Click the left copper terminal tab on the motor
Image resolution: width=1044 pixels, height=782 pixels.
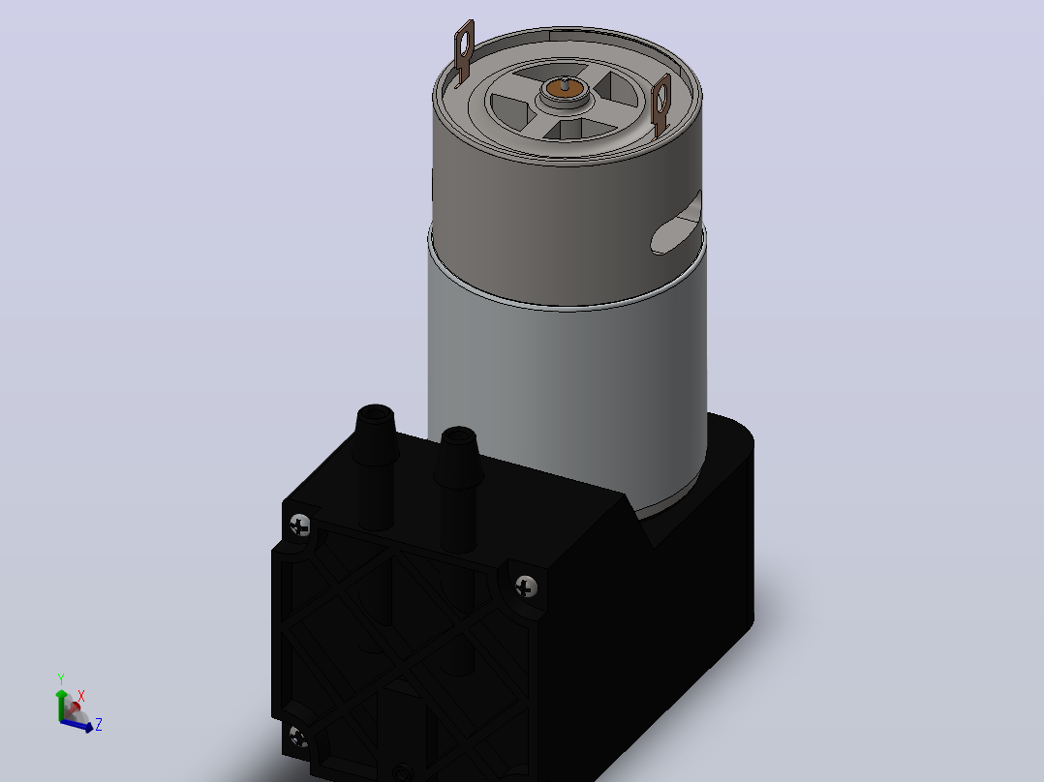464,52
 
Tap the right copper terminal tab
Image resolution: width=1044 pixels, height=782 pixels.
661,105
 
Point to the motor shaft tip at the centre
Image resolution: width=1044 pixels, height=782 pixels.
565,82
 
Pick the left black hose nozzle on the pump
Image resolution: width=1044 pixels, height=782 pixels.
376,466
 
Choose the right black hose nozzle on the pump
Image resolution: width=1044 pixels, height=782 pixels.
458,489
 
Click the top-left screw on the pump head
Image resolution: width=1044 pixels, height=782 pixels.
300,525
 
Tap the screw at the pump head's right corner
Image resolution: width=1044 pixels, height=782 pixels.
527,586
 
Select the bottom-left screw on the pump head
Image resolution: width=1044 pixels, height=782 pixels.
298,737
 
